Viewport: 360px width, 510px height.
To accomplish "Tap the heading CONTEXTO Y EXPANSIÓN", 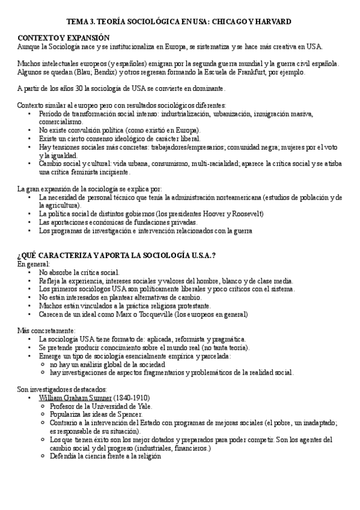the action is (x=55, y=37).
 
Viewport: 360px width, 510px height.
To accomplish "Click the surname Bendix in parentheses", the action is (x=93, y=72).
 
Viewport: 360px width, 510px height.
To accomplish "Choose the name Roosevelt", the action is (x=246, y=214).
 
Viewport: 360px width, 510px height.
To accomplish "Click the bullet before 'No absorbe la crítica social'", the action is (x=29, y=272).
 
